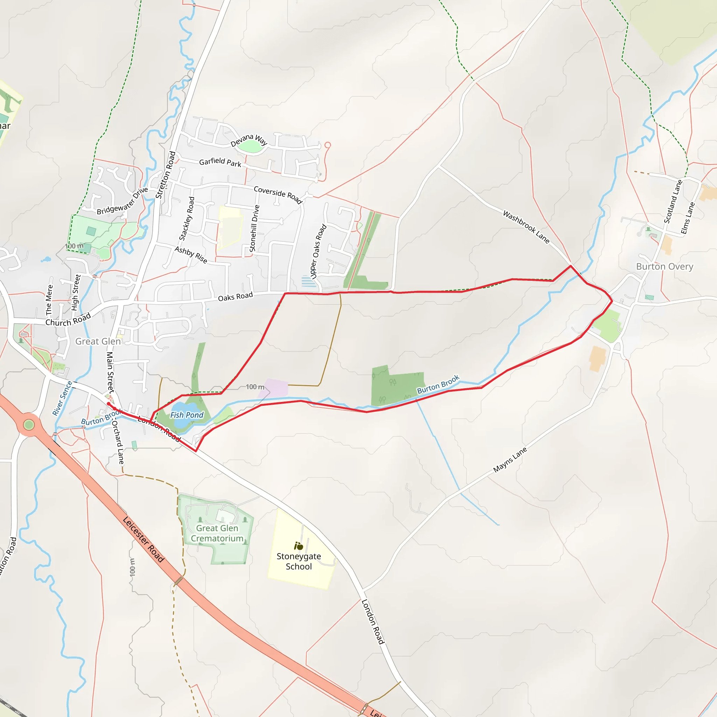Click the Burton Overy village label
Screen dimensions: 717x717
(x=664, y=266)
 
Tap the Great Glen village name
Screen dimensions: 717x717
(x=98, y=341)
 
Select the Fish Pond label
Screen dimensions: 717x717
(x=187, y=415)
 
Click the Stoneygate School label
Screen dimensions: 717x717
(x=299, y=561)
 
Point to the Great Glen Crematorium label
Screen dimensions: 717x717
(x=217, y=533)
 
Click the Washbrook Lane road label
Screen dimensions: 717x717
(x=526, y=227)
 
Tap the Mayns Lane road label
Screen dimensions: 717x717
(x=510, y=460)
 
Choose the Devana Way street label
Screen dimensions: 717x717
(x=249, y=140)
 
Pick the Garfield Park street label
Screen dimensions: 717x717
(x=220, y=162)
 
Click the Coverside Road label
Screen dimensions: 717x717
(x=278, y=194)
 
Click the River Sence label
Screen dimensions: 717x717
(x=62, y=398)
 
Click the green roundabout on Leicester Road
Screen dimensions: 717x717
(x=29, y=425)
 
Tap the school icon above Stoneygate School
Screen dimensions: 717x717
(x=298, y=546)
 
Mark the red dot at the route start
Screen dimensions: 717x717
(x=109, y=403)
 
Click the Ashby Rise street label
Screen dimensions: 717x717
(x=191, y=255)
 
